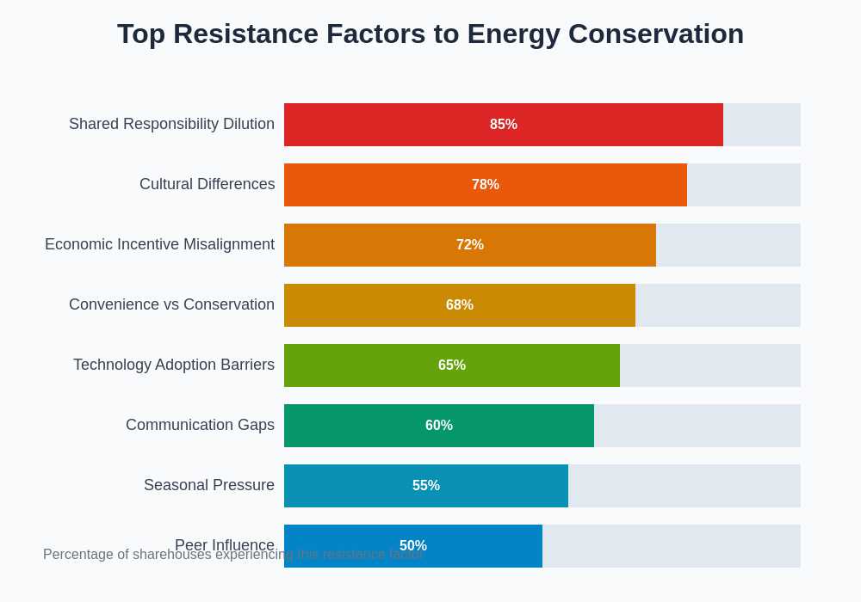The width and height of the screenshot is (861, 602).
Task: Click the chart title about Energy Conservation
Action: [430, 34]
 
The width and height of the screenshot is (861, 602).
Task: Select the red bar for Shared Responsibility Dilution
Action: [387, 125]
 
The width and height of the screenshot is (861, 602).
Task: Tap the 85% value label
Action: [504, 125]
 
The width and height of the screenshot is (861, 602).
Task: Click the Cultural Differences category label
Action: [207, 184]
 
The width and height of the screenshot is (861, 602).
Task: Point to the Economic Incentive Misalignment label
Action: [159, 244]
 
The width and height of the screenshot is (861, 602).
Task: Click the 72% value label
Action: [470, 245]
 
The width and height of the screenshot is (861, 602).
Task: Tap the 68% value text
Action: [460, 305]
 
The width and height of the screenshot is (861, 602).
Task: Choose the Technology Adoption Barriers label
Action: [174, 365]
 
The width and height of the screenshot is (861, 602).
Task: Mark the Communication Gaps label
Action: [200, 425]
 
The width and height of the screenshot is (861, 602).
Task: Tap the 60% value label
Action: [439, 426]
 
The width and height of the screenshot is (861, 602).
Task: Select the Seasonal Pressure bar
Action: [344, 486]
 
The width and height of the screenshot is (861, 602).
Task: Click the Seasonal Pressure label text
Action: [209, 485]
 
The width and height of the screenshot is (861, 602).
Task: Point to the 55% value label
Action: [426, 486]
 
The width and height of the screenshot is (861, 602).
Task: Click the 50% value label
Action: [413, 546]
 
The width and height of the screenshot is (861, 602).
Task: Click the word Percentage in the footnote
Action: [79, 555]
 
